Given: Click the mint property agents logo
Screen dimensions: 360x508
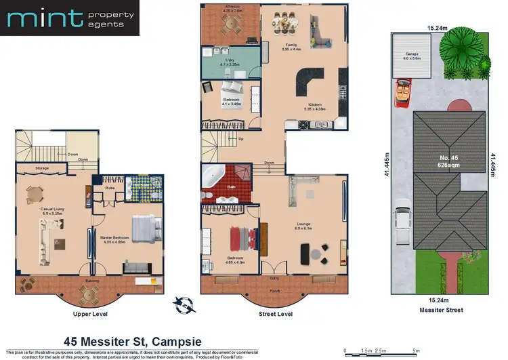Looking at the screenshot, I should [70, 18].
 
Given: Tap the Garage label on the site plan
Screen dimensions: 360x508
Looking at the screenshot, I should [411, 54].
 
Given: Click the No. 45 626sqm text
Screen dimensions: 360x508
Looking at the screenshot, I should [444, 161].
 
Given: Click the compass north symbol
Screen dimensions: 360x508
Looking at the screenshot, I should [179, 302].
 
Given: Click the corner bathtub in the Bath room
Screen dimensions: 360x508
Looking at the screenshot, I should [215, 174].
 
